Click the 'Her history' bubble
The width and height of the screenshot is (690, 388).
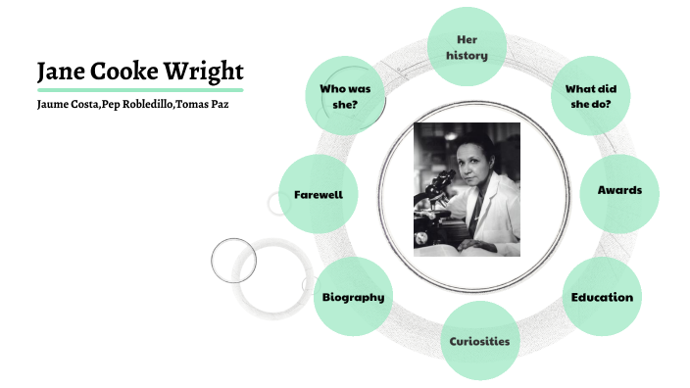coord(467,47)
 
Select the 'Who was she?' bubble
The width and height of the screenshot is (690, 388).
coord(345,95)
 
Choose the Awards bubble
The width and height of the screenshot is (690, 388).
coord(619,190)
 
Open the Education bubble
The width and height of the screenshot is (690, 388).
coord(602,297)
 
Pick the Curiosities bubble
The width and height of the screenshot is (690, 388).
coord(479,341)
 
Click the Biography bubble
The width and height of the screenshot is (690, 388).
coord(353,297)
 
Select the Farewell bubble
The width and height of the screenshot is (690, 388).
coord(318,194)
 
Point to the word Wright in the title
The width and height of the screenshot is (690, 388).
coord(203,72)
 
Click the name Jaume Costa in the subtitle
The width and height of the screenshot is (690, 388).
coord(67,105)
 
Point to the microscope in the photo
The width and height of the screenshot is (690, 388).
coord(436,191)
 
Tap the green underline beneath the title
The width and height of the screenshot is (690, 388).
coord(138,90)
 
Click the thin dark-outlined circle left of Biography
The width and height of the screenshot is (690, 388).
coord(233,260)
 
